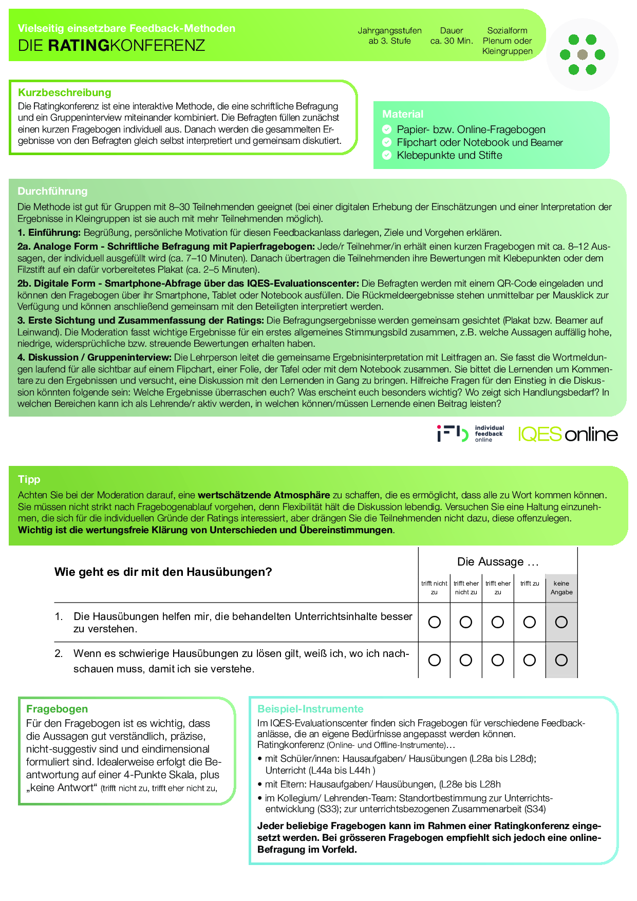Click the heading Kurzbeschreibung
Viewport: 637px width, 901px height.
coord(65,92)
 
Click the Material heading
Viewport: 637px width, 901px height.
coord(403,114)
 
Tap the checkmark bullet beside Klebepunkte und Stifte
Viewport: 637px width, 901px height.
coord(387,155)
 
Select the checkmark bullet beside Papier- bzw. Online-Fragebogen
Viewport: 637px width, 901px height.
coord(387,129)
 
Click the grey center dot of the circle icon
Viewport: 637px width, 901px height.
coord(583,54)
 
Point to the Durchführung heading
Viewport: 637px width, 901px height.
coord(52,191)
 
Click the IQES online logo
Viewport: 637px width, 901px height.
coord(568,435)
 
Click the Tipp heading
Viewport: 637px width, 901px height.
coord(29,479)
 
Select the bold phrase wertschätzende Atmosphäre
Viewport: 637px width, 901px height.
coord(264,495)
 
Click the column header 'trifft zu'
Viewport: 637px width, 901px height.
coord(530,584)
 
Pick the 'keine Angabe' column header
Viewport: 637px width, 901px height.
coord(561,588)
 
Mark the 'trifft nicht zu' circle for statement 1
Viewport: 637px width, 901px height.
coord(435,622)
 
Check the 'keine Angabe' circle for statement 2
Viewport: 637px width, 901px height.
coord(561,660)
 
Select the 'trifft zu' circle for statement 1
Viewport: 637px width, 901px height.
coord(530,622)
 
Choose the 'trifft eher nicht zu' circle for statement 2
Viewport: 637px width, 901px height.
coord(466,660)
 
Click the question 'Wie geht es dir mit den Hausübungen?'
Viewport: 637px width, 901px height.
coord(163,572)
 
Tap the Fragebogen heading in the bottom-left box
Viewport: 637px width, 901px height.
coord(57,709)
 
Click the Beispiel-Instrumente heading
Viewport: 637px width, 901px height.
coord(310,709)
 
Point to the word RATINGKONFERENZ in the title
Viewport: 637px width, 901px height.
coord(126,46)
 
